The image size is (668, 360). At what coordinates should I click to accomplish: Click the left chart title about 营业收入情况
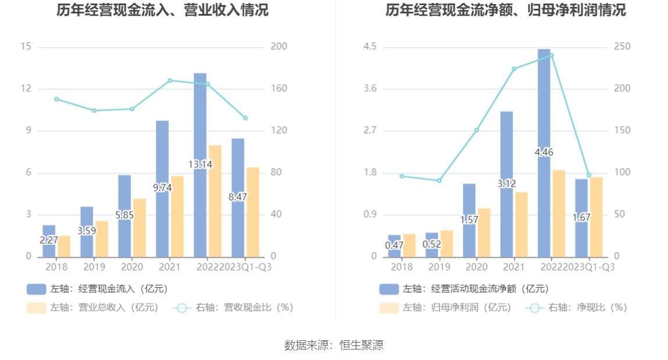tap(162, 10)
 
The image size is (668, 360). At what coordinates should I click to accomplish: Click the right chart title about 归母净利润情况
tap(506, 10)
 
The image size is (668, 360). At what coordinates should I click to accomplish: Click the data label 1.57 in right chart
tap(469, 220)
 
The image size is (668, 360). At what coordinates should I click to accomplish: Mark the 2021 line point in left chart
tap(170, 80)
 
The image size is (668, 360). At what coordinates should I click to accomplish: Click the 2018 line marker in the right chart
tap(401, 176)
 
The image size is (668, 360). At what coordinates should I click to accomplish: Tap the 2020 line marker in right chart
tap(477, 130)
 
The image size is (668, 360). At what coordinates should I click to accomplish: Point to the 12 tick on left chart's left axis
tap(26, 89)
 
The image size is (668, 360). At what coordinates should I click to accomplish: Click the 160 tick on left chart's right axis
tap(279, 89)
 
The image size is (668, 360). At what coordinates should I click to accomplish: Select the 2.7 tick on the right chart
tap(370, 131)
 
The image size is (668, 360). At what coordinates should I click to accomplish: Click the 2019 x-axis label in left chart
tap(94, 267)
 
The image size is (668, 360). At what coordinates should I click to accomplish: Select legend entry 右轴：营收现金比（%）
tap(233, 308)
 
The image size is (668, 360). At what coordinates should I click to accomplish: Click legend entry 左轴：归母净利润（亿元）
tap(446, 308)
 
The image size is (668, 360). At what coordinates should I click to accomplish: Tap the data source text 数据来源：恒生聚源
tap(333, 345)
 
